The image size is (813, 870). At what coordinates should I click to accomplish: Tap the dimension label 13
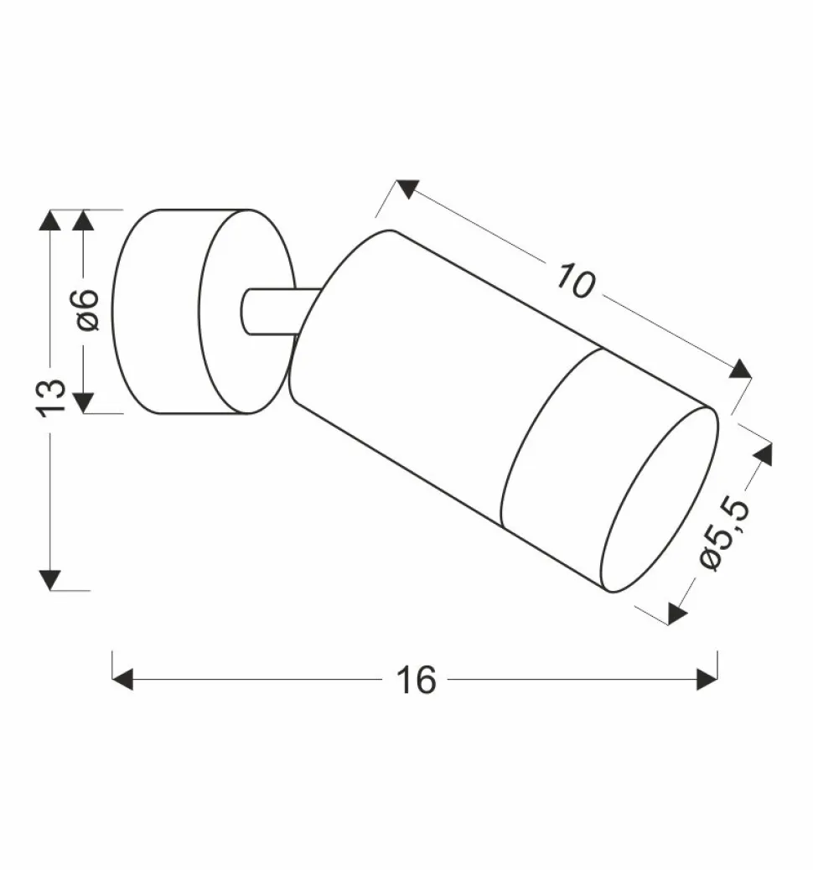(x=50, y=396)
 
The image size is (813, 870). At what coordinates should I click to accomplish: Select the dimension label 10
(x=576, y=281)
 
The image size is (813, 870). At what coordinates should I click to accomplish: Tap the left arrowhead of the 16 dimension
(x=122, y=679)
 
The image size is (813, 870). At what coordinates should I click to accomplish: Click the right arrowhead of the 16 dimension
(x=707, y=679)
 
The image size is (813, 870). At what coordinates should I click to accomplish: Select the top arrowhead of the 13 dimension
(x=50, y=220)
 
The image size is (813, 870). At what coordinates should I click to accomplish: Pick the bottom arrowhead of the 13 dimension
(x=50, y=580)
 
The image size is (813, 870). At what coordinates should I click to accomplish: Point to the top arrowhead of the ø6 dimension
(x=83, y=220)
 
